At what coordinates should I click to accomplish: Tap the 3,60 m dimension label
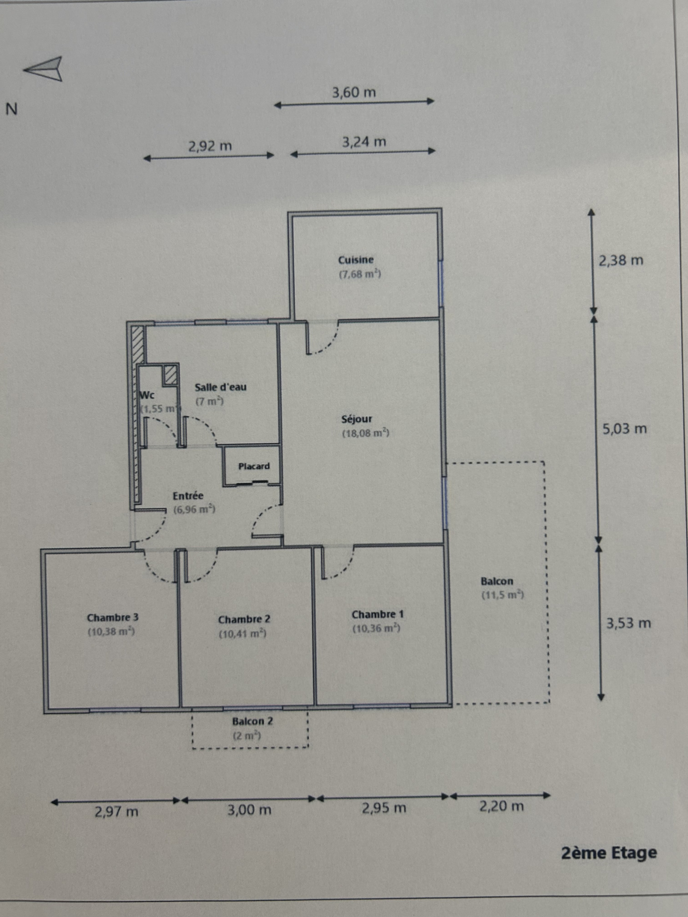coord(354,92)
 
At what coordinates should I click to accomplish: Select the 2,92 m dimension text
coord(210,145)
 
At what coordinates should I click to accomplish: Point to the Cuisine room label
coord(356,260)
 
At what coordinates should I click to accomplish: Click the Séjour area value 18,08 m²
coord(366,433)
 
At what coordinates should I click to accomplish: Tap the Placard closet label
coord(254,466)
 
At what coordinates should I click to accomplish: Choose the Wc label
coord(147,395)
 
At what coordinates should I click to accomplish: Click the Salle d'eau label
coord(220,387)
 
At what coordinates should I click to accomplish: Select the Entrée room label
coord(188,496)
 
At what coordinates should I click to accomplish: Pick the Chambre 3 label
coord(113,618)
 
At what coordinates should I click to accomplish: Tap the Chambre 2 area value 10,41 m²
coord(243,634)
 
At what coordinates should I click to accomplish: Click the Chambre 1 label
coord(378,614)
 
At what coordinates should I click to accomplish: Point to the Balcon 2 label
coord(253,721)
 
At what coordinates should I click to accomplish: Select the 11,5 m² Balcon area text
coord(503,595)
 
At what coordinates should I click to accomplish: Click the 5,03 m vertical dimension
coord(625,429)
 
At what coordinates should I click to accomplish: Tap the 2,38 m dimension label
coord(621,260)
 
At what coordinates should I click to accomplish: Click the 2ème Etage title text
coord(609,853)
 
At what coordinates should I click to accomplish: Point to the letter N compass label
coord(11,109)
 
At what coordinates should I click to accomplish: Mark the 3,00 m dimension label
coord(249,810)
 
